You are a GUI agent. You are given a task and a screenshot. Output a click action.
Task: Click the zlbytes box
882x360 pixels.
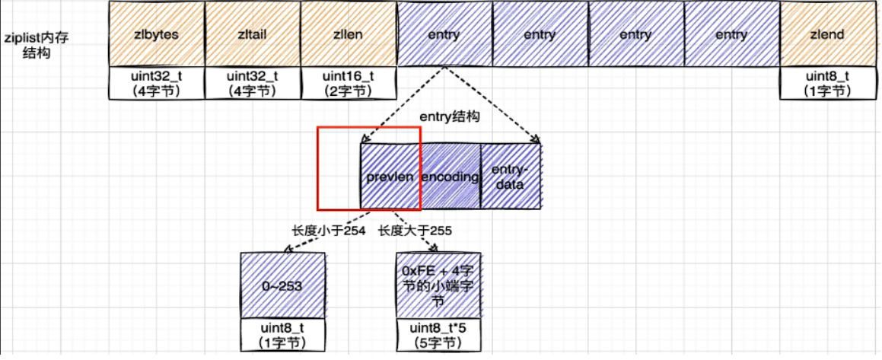[157, 34]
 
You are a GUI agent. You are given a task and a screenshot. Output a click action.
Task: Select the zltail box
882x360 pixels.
[253, 34]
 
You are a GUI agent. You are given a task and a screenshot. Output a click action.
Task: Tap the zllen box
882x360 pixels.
[349, 34]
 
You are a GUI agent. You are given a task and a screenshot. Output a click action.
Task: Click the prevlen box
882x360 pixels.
[390, 177]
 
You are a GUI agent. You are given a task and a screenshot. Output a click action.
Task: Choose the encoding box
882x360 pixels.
[450, 177]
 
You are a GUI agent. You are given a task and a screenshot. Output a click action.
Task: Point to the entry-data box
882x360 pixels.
[511, 177]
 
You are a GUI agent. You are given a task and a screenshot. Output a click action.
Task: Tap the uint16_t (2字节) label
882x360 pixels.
[349, 83]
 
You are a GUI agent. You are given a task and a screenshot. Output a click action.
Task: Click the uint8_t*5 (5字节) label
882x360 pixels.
[438, 335]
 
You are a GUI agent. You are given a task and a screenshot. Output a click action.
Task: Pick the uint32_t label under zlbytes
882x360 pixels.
[157, 83]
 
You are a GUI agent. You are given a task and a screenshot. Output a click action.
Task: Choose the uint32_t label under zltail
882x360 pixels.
[253, 83]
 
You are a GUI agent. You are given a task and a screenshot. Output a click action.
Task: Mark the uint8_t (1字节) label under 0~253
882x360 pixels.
[282, 335]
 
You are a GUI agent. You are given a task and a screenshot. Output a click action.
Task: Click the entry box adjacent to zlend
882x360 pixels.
[731, 34]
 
